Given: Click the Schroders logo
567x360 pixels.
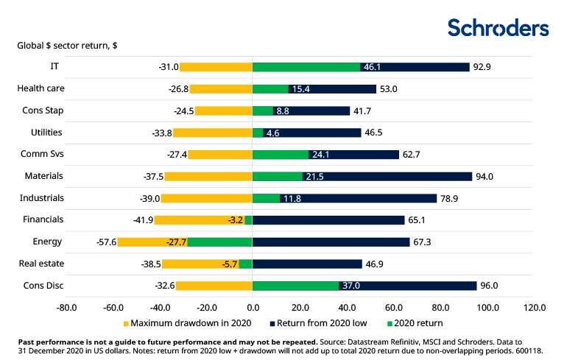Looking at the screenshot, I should [x=499, y=28].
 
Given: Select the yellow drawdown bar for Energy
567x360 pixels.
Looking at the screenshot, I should [x=152, y=241].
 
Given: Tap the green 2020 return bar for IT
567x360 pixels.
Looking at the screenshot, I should [x=306, y=67].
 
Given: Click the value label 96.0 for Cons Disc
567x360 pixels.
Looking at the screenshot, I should [x=490, y=286].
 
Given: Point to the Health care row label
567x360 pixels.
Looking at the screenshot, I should [x=41, y=88].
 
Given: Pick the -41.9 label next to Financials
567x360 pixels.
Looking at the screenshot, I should [x=141, y=219].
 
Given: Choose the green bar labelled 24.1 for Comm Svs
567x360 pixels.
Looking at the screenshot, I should [x=281, y=155].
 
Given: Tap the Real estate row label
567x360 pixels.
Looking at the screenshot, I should [x=41, y=263].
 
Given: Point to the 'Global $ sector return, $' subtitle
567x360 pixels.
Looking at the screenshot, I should [x=67, y=46].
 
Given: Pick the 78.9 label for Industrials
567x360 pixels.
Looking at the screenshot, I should [x=449, y=198].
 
